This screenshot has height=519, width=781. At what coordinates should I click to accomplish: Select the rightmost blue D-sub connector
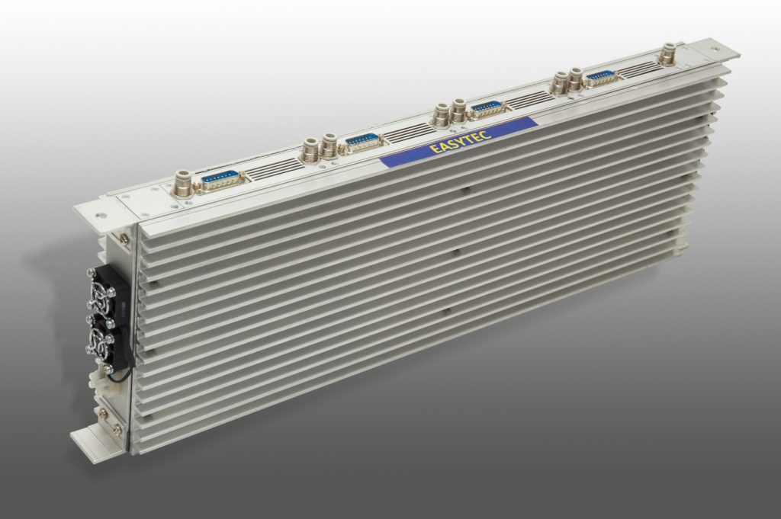[601, 77]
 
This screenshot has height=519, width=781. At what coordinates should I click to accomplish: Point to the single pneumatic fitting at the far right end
[667, 53]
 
